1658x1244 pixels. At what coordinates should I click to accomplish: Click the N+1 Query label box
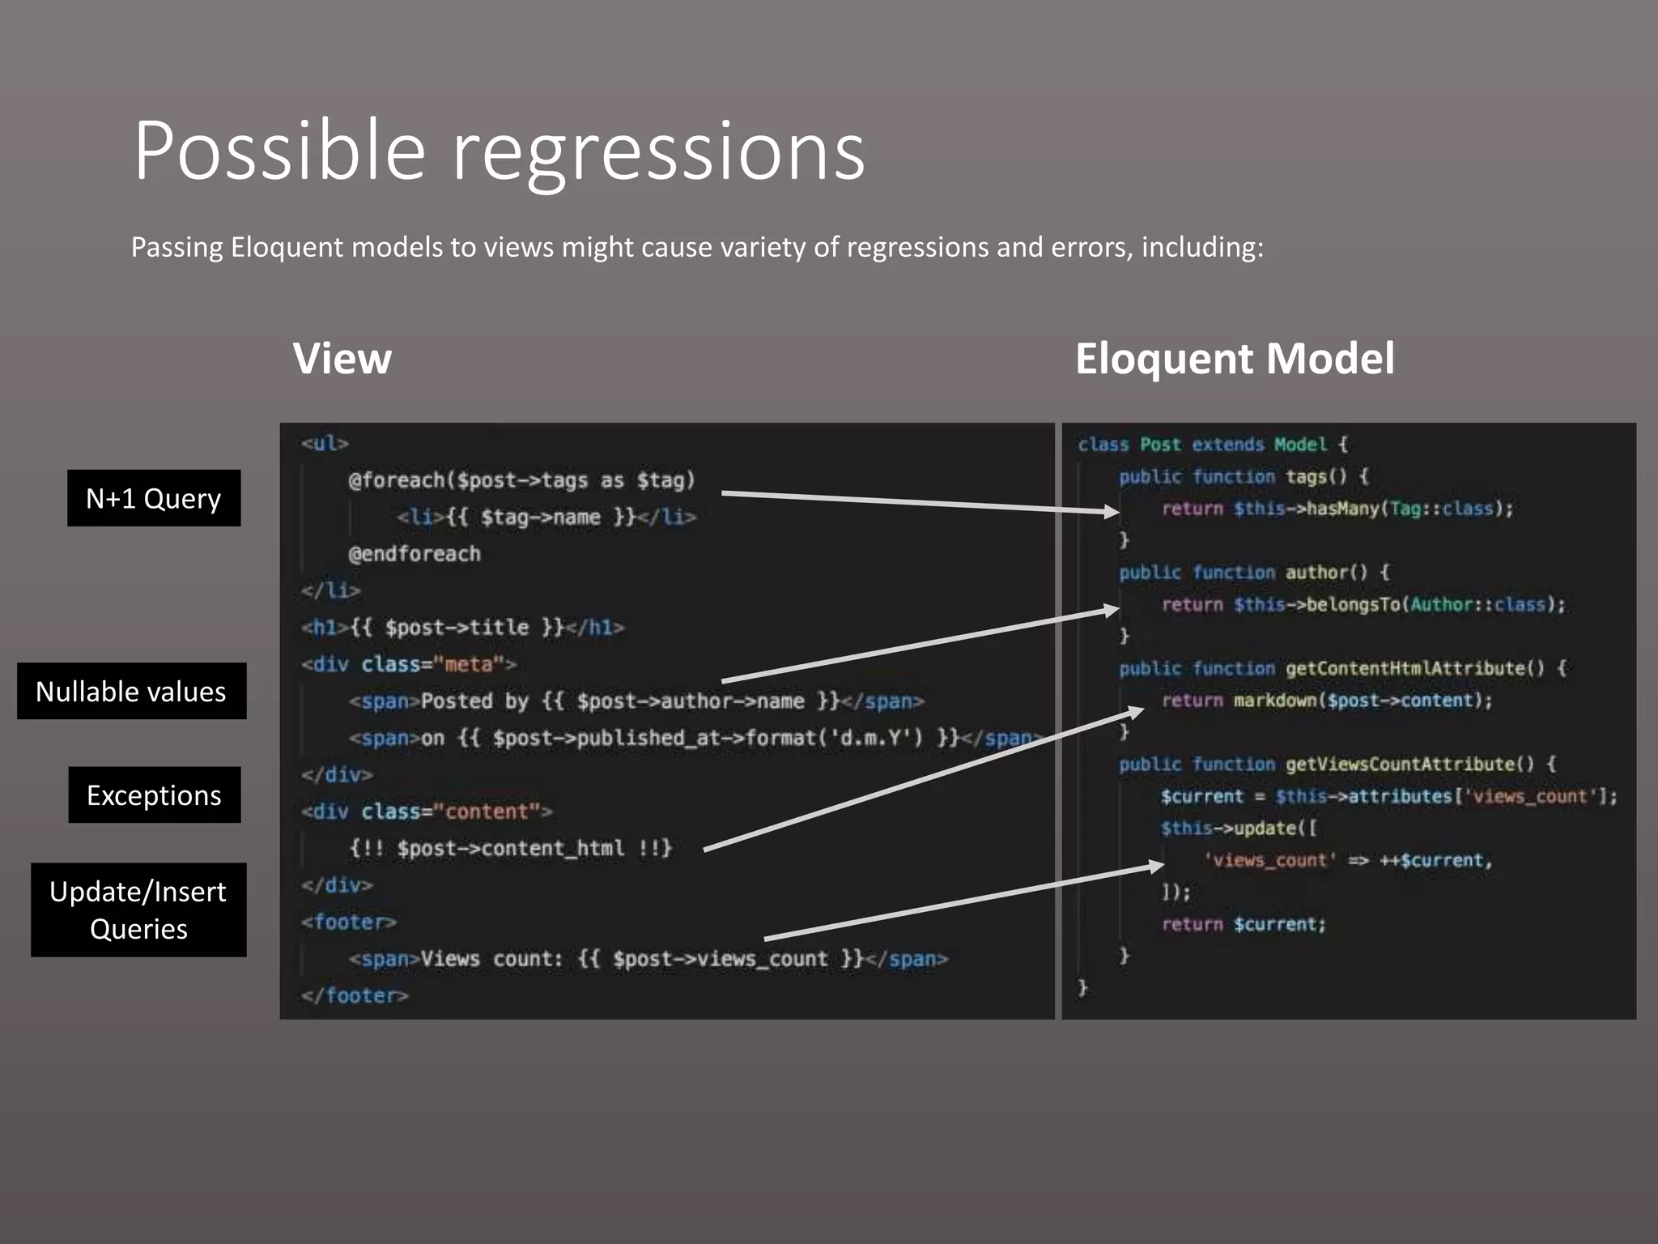(154, 498)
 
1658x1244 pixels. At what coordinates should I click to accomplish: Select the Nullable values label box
(131, 691)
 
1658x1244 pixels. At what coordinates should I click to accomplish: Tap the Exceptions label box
(154, 795)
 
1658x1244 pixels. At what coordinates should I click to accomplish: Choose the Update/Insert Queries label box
(138, 910)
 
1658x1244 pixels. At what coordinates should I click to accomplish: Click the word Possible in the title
(279, 151)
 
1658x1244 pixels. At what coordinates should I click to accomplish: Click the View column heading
(342, 358)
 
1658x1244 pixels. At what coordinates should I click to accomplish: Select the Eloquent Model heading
(1234, 358)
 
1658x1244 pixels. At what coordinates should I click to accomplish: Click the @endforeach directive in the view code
(414, 554)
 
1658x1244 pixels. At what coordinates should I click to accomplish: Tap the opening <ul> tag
(325, 444)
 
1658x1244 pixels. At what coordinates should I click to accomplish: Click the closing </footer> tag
(355, 995)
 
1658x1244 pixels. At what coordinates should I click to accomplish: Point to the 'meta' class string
(470, 665)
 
